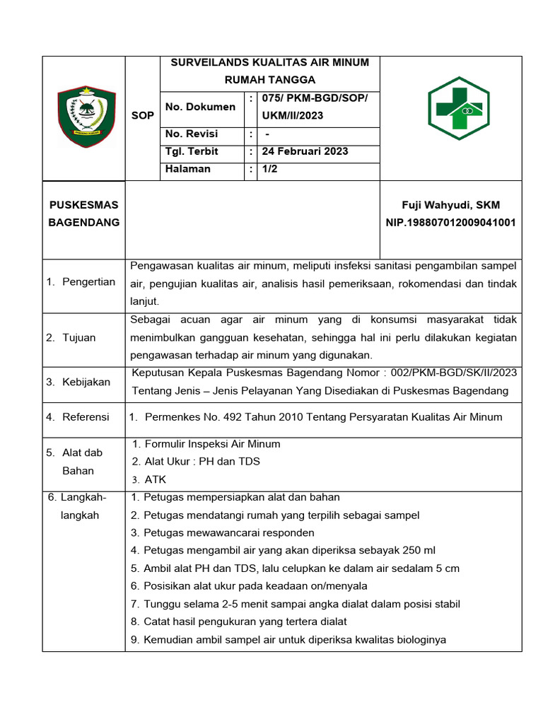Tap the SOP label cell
[142, 115]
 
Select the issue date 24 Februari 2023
[305, 151]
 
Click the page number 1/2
[271, 169]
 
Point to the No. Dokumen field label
[200, 107]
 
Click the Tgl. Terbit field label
[192, 151]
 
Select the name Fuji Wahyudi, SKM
[450, 205]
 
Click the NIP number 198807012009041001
[450, 223]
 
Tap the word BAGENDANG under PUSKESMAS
[83, 223]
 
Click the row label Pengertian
[88, 282]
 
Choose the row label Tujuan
[78, 337]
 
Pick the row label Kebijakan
[86, 382]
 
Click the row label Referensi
[86, 417]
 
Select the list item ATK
[155, 479]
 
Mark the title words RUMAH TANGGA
[270, 80]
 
